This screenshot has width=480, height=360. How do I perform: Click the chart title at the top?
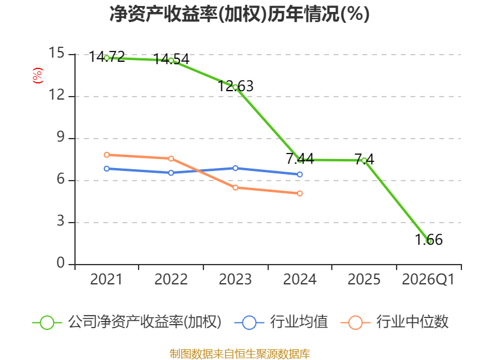[239, 14]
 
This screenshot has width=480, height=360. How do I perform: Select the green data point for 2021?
[107, 58]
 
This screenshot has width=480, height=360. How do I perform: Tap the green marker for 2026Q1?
[429, 241]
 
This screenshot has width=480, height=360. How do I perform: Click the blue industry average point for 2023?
[235, 168]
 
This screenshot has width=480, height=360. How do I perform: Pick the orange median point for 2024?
[299, 193]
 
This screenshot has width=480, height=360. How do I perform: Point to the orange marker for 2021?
[107, 155]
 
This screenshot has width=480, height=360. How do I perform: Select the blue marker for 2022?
[171, 173]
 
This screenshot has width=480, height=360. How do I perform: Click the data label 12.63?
[236, 86]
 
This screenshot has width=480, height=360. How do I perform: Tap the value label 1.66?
[429, 239]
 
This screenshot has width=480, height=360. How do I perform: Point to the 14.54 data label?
[172, 59]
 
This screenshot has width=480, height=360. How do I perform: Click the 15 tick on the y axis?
[56, 53]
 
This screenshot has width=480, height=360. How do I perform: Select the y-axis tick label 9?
[61, 137]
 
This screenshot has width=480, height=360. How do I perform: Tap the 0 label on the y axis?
[61, 263]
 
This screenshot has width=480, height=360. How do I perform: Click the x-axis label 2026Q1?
[428, 280]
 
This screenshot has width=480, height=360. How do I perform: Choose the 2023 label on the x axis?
[235, 280]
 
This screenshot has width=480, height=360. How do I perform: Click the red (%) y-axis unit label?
[38, 76]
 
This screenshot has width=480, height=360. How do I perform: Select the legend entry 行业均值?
[281, 322]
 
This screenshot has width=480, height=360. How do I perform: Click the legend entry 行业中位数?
[395, 322]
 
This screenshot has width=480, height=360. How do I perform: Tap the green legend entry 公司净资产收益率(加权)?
[127, 322]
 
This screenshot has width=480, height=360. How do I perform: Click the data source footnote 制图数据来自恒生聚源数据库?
[240, 354]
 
